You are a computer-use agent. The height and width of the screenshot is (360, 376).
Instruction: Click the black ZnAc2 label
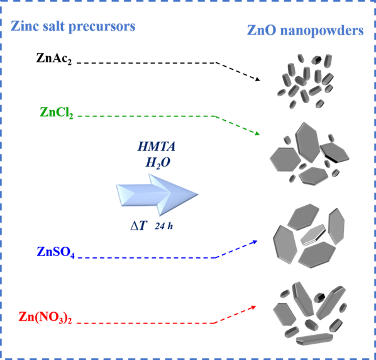click(x=54, y=59)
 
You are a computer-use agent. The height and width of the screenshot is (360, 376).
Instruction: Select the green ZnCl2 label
click(x=57, y=113)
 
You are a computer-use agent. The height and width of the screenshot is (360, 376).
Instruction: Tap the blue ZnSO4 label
click(x=55, y=252)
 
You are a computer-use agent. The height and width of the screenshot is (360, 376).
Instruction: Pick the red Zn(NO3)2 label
click(x=45, y=317)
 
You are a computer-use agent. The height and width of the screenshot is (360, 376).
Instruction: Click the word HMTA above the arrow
click(x=157, y=147)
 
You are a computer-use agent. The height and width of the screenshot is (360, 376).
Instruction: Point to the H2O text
click(x=158, y=163)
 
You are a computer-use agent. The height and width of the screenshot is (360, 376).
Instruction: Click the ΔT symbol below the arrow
click(x=138, y=225)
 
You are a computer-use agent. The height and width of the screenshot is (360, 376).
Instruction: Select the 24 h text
click(x=163, y=226)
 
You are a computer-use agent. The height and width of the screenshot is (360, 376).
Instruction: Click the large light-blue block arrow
click(x=157, y=194)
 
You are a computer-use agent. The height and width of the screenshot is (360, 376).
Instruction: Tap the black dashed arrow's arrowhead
click(x=258, y=79)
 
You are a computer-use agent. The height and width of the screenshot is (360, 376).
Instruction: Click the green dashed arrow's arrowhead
click(x=257, y=133)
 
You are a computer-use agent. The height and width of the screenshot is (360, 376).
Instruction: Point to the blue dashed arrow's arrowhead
click(x=255, y=242)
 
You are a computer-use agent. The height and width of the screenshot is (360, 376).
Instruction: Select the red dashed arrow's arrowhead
click(x=253, y=307)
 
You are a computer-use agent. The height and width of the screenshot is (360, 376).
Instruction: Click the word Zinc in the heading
click(x=25, y=26)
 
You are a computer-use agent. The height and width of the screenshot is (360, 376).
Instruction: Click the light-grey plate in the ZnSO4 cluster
click(x=313, y=235)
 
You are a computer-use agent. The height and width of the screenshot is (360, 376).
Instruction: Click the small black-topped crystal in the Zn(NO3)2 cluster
click(x=319, y=298)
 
